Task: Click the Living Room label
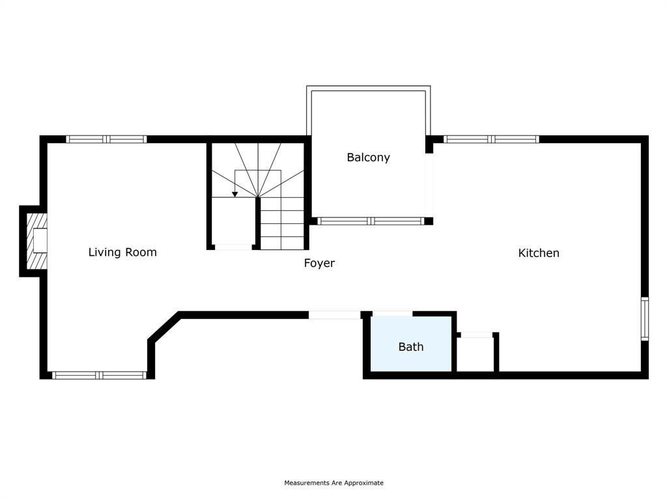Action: [122, 253]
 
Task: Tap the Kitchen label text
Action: [539, 253]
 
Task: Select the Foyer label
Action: [319, 264]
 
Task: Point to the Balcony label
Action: [368, 158]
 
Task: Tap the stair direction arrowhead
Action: [234, 194]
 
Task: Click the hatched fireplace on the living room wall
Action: [36, 241]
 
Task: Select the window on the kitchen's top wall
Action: [491, 139]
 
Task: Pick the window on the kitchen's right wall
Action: [644, 318]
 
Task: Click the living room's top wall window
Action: [107, 139]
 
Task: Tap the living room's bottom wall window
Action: [99, 375]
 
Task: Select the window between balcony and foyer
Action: [371, 221]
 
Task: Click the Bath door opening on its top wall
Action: [392, 314]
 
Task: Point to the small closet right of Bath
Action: [476, 354]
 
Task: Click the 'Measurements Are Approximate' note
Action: [333, 483]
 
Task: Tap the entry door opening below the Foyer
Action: [334, 315]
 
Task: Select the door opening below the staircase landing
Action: [233, 247]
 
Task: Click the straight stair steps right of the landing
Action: [282, 223]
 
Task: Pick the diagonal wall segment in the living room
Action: [164, 327]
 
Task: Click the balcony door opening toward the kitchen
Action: [429, 185]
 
